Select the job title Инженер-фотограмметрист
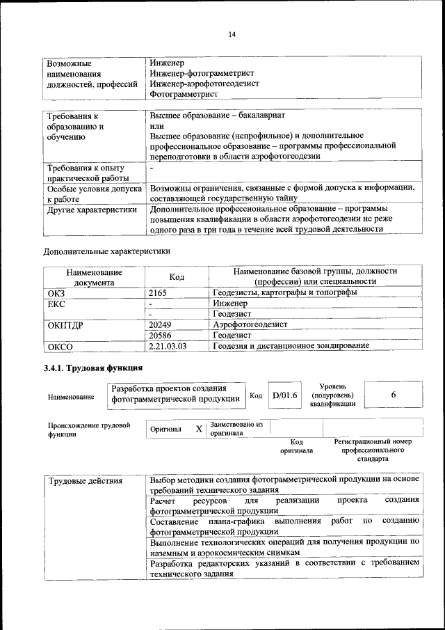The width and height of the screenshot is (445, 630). (202, 73)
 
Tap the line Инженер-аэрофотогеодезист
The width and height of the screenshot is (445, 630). (204, 84)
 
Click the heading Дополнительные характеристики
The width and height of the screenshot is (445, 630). (106, 251)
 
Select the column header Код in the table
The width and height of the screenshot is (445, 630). (177, 277)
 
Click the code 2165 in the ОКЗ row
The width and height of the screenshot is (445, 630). (159, 293)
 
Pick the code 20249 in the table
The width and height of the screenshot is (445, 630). (161, 324)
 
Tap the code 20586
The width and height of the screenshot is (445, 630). (161, 335)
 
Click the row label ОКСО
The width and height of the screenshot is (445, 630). (60, 346)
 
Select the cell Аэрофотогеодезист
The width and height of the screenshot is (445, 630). (250, 324)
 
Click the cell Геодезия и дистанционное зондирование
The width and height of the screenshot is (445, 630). (291, 345)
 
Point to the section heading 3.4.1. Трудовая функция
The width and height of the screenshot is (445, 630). (93, 368)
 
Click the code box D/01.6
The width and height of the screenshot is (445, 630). (284, 395)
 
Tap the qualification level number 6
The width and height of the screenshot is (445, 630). (393, 395)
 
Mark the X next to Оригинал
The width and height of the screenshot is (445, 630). (199, 430)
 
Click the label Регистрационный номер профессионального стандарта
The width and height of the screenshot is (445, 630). (373, 450)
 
